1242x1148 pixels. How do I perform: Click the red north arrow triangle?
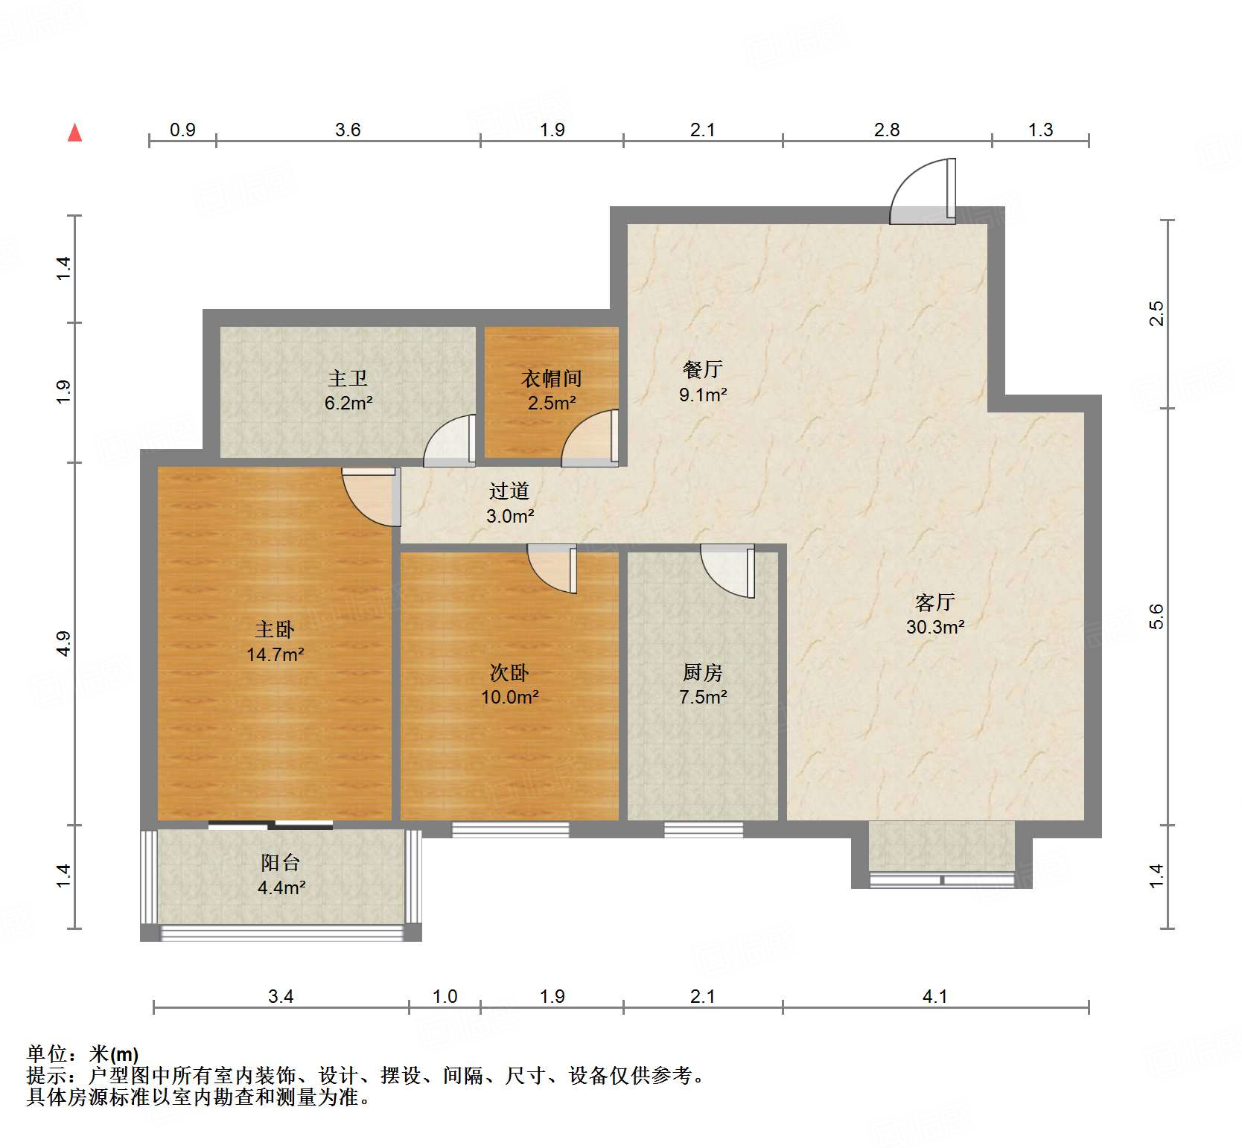74,133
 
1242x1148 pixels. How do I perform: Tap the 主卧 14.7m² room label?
275,642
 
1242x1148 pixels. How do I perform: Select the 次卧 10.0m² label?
509,684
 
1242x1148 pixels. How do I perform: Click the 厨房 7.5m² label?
702,684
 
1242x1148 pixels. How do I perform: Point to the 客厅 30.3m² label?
935,614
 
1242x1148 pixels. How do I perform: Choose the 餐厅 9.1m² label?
702,381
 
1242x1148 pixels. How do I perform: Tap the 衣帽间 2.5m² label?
551,390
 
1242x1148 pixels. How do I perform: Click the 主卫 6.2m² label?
348,390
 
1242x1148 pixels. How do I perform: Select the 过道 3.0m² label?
509,503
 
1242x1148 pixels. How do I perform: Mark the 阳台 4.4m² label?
281,874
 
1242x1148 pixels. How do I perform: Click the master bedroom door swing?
369,497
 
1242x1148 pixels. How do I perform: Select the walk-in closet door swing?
590,439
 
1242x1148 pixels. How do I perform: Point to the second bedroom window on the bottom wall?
510,829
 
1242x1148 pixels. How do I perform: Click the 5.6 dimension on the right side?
1156,616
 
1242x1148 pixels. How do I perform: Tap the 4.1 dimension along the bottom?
934,996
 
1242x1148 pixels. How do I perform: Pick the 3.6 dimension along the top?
347,130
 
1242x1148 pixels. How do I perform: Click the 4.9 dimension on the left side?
64,643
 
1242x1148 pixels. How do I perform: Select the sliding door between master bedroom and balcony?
270,825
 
